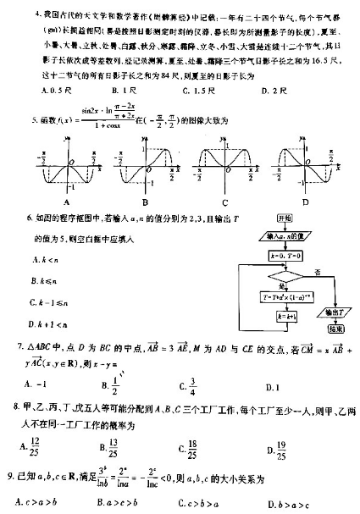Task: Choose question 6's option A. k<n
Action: pos(43,257)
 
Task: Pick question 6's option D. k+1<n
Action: pos(48,323)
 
